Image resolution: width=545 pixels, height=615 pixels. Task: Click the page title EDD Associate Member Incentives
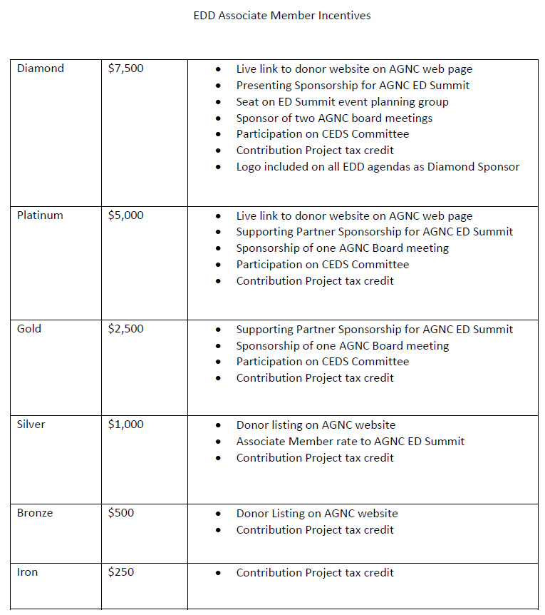click(x=282, y=15)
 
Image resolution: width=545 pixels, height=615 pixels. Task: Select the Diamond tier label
click(x=41, y=68)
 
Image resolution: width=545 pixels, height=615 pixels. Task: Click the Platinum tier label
click(x=40, y=215)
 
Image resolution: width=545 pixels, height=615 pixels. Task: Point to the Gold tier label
click(x=29, y=329)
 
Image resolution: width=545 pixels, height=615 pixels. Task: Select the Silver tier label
click(x=31, y=425)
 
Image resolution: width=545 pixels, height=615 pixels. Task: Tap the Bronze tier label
click(x=35, y=513)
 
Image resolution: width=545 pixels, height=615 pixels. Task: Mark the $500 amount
click(x=121, y=513)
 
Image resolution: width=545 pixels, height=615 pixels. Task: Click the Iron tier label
click(x=27, y=572)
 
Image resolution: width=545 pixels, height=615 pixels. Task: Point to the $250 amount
click(x=121, y=572)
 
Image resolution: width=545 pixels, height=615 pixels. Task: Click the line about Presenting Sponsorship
click(x=353, y=86)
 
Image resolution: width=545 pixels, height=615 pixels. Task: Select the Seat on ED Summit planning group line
click(x=342, y=102)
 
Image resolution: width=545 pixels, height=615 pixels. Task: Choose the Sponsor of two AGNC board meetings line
click(x=334, y=118)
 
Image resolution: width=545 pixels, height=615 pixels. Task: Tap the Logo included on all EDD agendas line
click(x=378, y=167)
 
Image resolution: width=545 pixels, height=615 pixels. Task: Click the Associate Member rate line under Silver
click(x=350, y=442)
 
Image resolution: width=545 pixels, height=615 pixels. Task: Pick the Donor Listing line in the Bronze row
click(x=316, y=514)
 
